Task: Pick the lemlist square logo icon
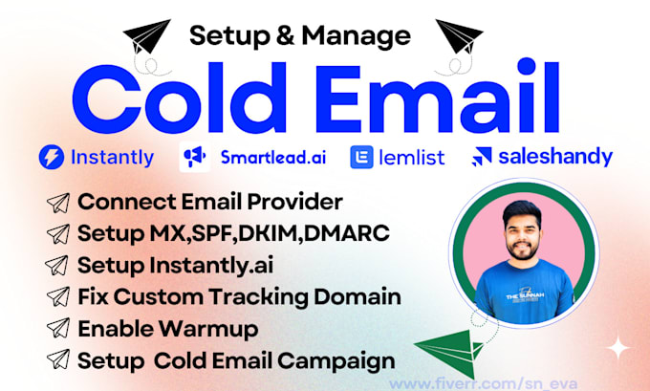pyautogui.click(x=360, y=158)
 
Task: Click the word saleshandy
pyautogui.click(x=555, y=157)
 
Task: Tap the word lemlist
pyautogui.click(x=411, y=158)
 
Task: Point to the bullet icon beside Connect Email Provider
pyautogui.click(x=58, y=203)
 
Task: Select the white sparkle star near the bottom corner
pyautogui.click(x=618, y=346)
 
